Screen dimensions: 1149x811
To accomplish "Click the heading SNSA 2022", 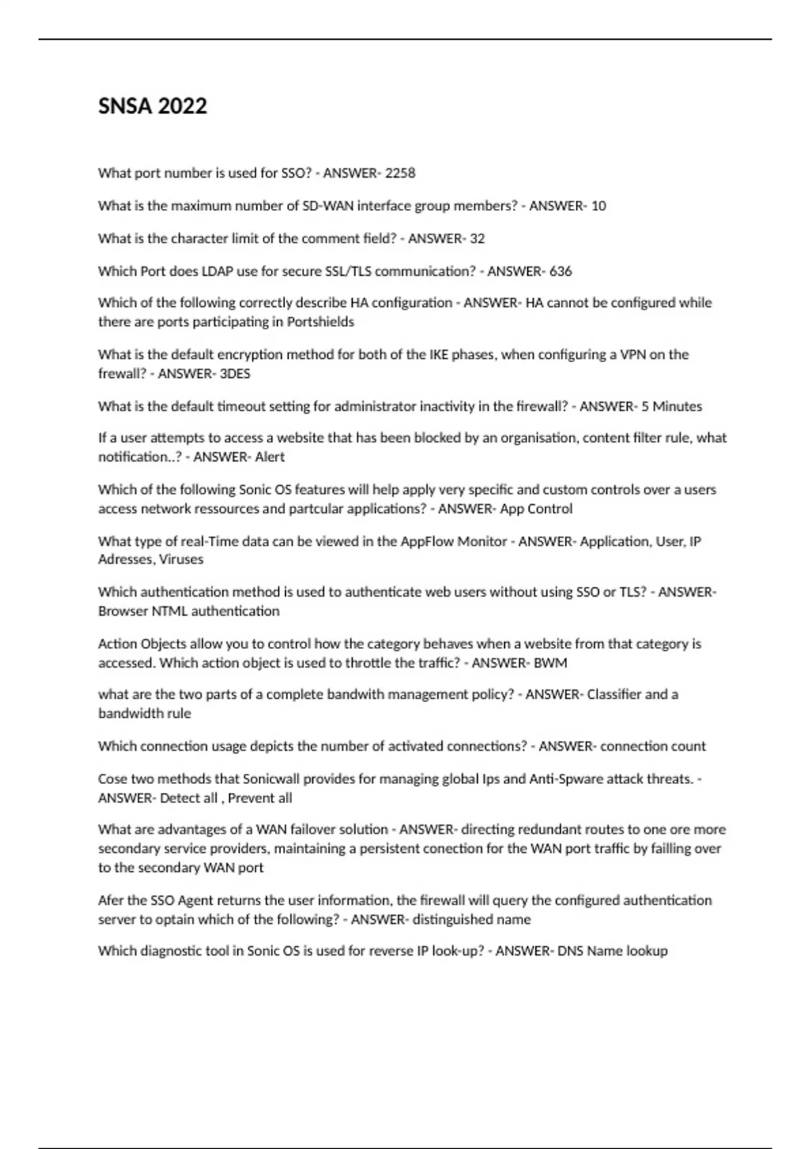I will click(x=152, y=106).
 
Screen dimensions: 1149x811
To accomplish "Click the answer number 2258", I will click(x=400, y=173).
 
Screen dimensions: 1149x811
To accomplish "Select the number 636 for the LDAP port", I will click(x=560, y=271).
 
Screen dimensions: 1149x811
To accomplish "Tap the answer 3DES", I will click(x=235, y=373).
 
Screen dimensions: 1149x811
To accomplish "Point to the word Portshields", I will click(x=320, y=322).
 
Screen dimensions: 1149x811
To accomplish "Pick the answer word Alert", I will click(x=270, y=457).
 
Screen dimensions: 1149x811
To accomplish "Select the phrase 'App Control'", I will click(x=536, y=508).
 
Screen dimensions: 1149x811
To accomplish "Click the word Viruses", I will click(x=181, y=559).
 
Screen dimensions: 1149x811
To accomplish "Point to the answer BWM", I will click(x=550, y=662).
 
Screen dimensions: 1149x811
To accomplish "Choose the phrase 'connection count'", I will click(x=653, y=746).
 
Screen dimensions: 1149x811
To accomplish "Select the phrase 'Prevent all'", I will click(x=260, y=798).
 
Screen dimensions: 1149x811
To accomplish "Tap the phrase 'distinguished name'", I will click(x=471, y=919).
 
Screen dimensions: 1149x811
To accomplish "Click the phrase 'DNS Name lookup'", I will click(x=612, y=951).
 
